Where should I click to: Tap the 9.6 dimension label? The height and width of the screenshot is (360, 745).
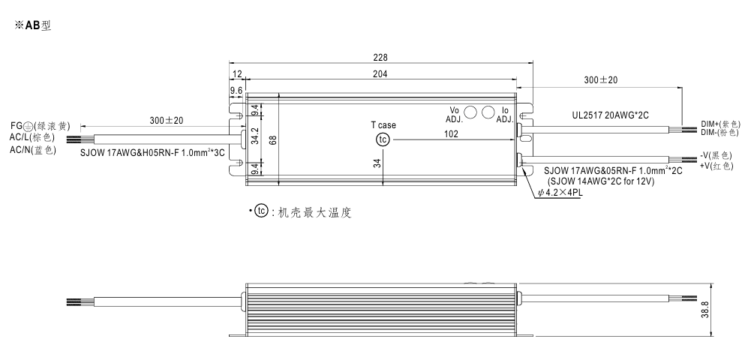point(236,90)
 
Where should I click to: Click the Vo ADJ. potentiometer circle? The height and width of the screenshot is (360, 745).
point(471,112)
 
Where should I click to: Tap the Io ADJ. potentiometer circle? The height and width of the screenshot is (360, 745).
point(488,112)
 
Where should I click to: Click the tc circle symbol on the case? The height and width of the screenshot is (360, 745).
point(383,140)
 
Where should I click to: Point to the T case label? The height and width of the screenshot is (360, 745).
point(383,125)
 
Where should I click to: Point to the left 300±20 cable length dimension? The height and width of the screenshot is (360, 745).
point(167,120)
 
